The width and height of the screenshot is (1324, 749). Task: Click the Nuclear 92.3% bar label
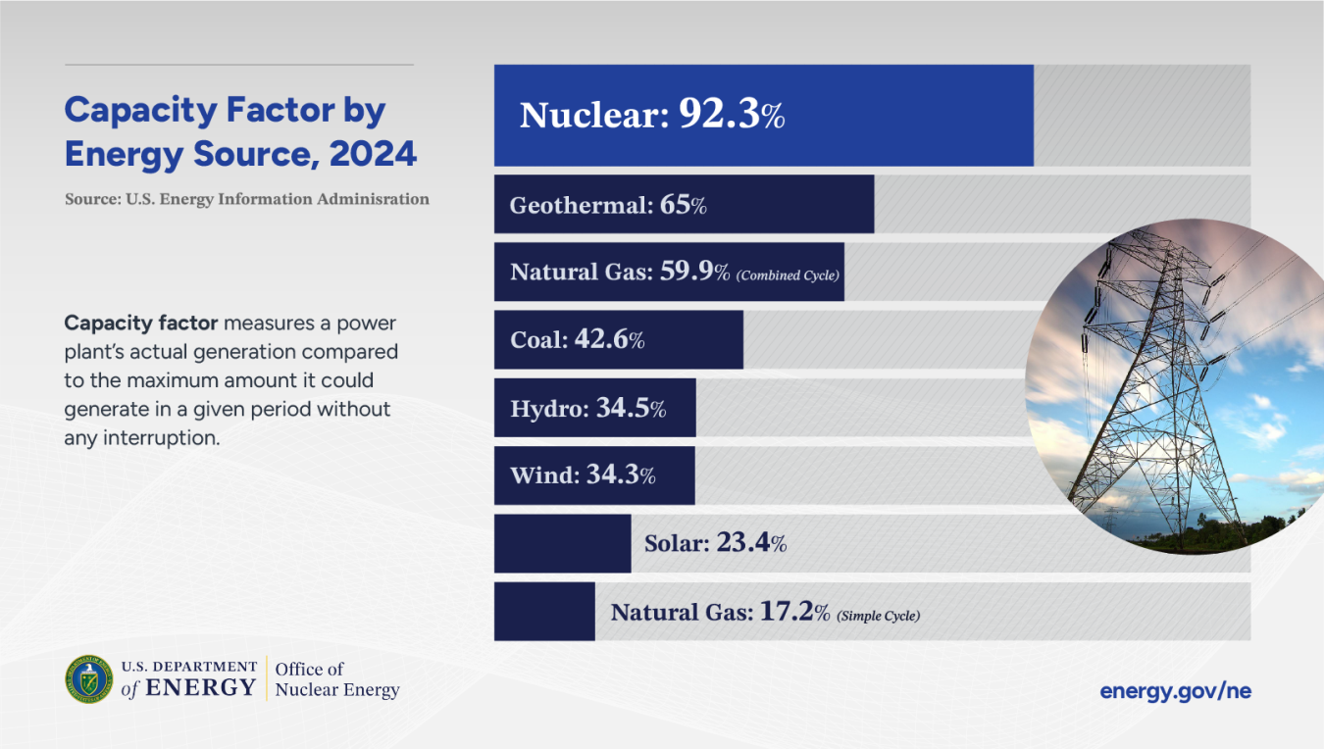pyautogui.click(x=652, y=116)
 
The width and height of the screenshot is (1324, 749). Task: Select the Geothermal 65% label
pyautogui.click(x=608, y=206)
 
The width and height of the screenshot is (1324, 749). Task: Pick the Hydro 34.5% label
pyautogui.click(x=588, y=409)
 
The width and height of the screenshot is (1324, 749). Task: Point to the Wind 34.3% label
pyautogui.click(x=583, y=476)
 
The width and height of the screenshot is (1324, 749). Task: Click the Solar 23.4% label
pyautogui.click(x=715, y=543)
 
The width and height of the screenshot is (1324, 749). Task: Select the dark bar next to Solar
pyautogui.click(x=562, y=543)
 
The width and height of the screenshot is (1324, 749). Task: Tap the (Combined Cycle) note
pyautogui.click(x=788, y=275)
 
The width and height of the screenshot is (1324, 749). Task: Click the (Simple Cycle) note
pyautogui.click(x=879, y=616)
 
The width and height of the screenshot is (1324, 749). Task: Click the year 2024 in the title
pyautogui.click(x=373, y=154)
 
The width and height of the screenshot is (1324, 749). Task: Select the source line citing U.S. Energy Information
pyautogui.click(x=247, y=199)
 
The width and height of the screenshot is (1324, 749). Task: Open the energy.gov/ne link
pyautogui.click(x=1175, y=691)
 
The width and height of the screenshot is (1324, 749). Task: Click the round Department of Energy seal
pyautogui.click(x=89, y=679)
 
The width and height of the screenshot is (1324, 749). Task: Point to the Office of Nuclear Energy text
pyautogui.click(x=336, y=679)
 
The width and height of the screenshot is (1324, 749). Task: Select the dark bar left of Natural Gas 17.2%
pyautogui.click(x=544, y=612)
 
